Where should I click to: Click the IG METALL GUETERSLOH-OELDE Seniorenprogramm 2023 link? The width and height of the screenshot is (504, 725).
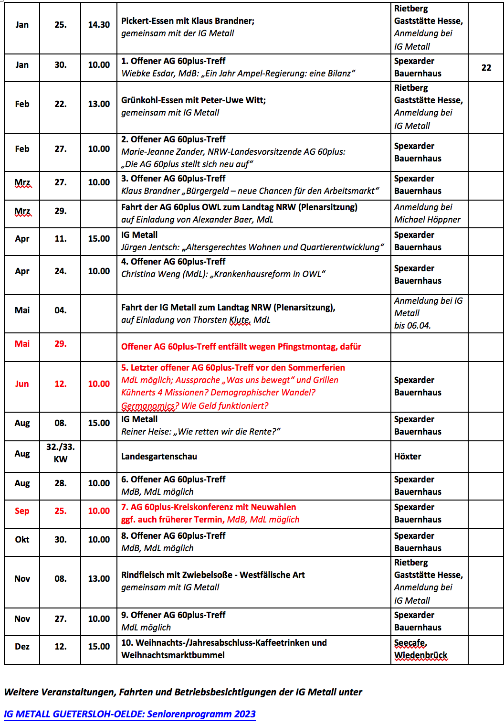tap(129, 714)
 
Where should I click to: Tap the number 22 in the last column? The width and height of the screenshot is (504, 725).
tap(486, 68)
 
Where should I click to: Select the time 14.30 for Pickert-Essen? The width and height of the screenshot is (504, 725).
tap(99, 25)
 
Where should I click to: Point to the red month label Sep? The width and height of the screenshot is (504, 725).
tap(22, 511)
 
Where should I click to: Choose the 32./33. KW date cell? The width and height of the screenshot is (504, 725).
tap(60, 453)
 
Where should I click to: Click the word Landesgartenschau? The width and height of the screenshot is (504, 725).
tap(159, 457)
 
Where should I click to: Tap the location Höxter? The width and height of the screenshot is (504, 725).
tap(408, 457)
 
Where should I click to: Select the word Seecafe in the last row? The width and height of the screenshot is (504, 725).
tap(410, 643)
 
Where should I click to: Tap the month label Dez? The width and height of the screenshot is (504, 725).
tap(22, 647)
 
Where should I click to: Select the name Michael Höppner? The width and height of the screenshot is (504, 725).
tap(427, 220)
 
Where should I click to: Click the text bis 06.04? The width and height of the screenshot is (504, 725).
tap(412, 326)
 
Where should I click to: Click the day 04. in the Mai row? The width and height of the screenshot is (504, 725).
tap(60, 310)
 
